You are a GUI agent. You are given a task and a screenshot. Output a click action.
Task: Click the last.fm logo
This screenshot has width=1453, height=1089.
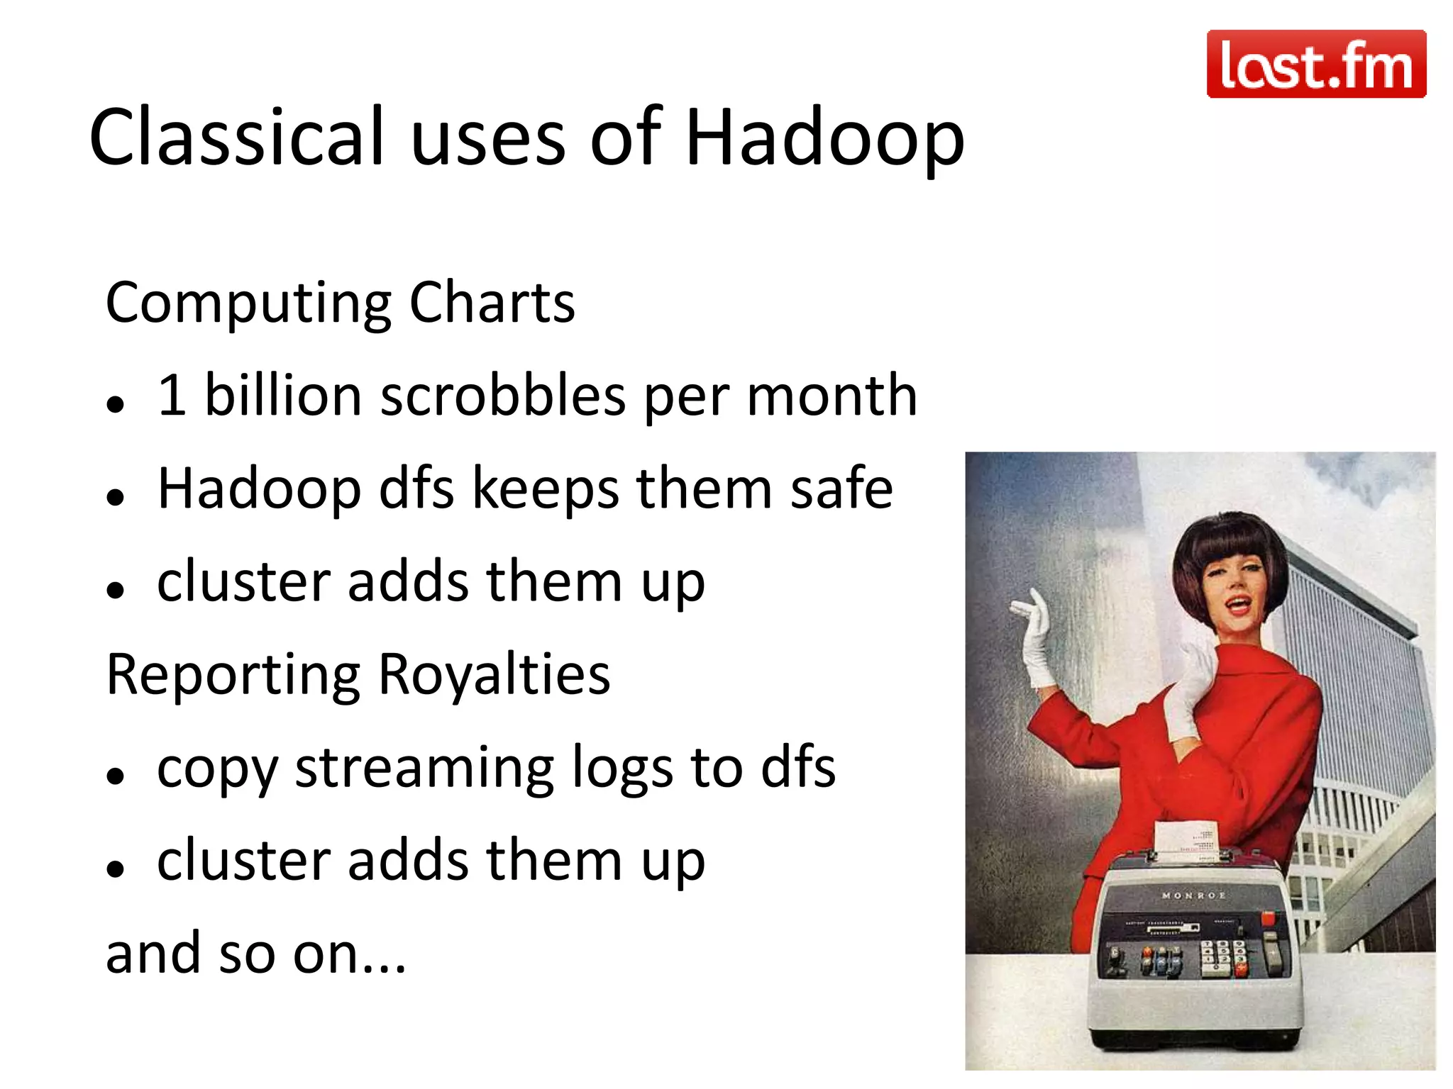pos(1316,64)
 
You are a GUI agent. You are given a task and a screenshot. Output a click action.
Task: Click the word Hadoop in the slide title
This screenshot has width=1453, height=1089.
pos(824,138)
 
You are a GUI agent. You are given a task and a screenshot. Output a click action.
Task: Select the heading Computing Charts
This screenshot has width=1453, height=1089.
pos(340,303)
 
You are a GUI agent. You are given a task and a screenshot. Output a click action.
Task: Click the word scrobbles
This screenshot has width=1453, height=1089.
pos(503,396)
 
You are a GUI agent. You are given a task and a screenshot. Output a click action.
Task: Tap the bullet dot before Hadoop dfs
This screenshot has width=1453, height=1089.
pos(115,497)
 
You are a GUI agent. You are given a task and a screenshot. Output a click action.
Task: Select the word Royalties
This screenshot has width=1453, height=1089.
pos(494,674)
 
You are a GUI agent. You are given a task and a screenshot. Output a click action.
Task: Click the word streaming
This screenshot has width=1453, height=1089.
pos(424,769)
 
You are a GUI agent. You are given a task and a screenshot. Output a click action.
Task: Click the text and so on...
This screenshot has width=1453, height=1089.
pos(255,954)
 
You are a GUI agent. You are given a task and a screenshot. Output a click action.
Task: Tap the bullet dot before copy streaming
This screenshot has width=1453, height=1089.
pos(115,776)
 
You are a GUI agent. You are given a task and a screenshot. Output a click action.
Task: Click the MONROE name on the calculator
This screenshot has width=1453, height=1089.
pos(1193,895)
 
